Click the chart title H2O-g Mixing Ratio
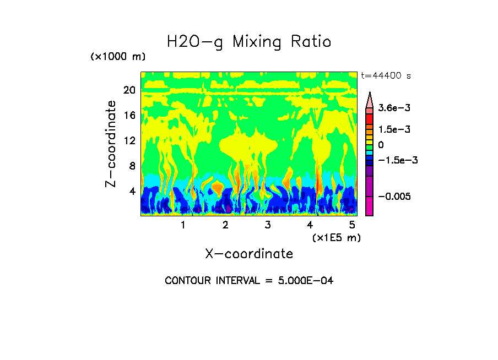249,42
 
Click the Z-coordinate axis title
111,144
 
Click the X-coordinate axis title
249,254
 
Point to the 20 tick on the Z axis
129,90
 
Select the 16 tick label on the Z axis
129,116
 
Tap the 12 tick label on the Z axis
129,141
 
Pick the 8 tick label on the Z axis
132,166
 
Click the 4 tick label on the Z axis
132,192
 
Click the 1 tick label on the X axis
183,225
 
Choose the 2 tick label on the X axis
225,225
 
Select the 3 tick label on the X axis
268,225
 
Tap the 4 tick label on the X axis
310,225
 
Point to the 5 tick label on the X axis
352,225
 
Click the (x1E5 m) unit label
337,238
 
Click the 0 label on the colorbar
381,145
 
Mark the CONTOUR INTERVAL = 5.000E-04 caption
249,281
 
